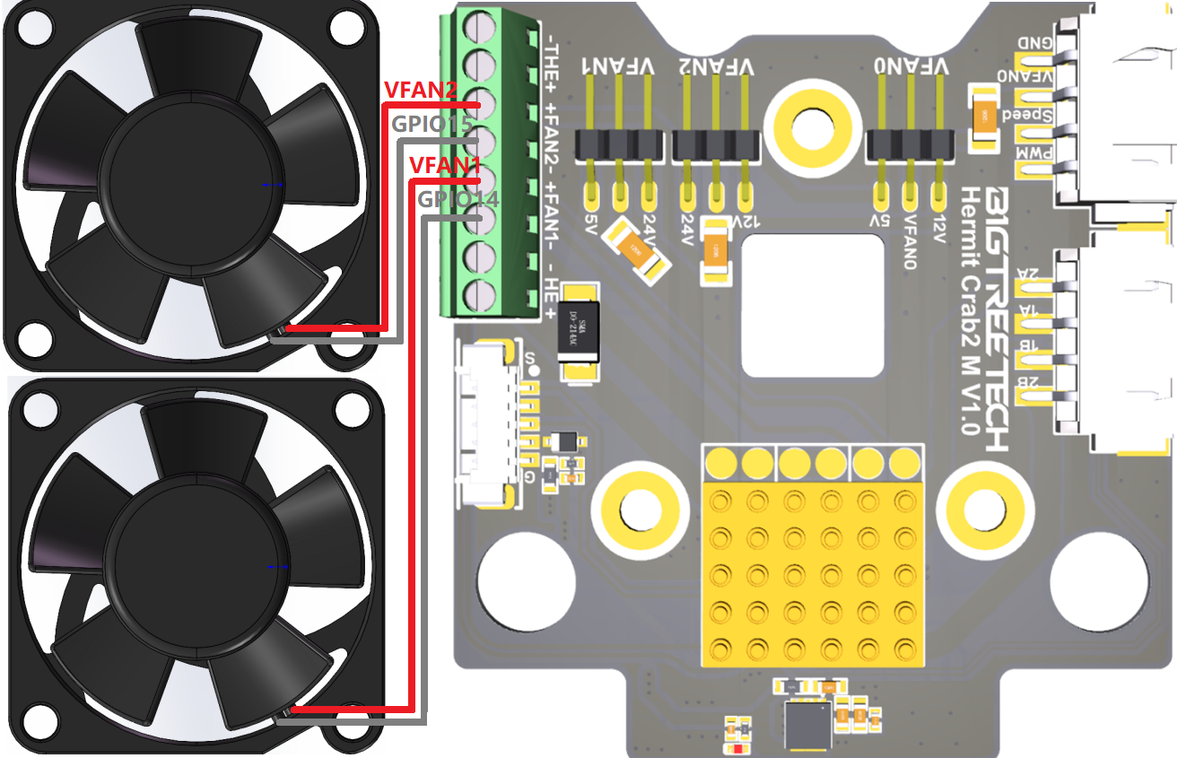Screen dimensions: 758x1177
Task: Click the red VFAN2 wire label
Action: (421, 90)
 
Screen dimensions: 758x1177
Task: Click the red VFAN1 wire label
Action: (446, 165)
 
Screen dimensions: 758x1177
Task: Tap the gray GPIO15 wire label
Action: (432, 125)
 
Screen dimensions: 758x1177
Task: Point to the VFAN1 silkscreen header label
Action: (613, 66)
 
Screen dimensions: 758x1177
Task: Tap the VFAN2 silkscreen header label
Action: (715, 66)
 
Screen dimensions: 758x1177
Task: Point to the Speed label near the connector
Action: (1024, 116)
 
